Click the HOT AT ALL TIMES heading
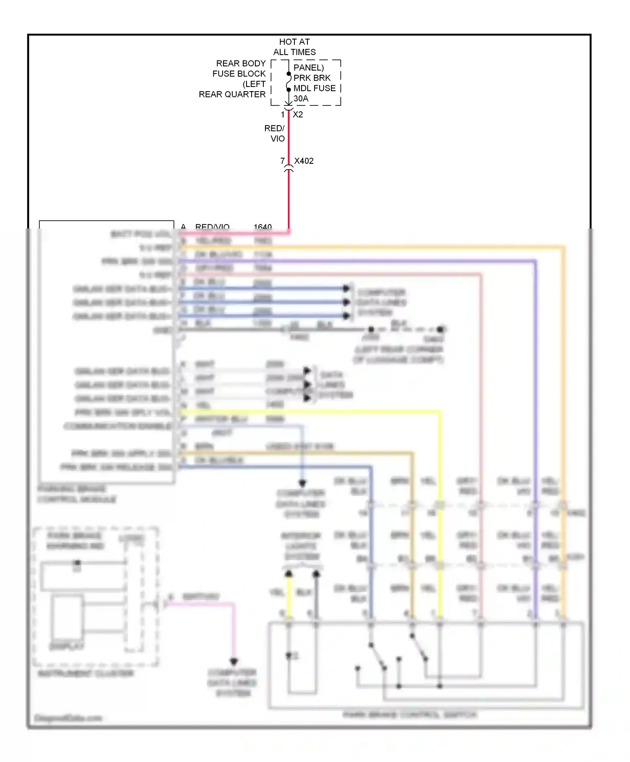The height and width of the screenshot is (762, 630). [x=294, y=47]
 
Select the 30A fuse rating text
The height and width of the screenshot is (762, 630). [x=301, y=99]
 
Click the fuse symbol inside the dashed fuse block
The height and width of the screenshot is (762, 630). [x=289, y=82]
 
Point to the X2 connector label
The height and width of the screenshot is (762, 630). [x=298, y=115]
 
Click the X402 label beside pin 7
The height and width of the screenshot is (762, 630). [x=304, y=161]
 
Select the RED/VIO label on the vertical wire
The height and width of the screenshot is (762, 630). [x=275, y=133]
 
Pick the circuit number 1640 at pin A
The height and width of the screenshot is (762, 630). [x=262, y=227]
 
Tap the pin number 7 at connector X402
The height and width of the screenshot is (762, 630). [x=283, y=161]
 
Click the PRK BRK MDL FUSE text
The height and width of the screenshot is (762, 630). [x=314, y=83]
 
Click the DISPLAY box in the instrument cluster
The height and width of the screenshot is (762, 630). [x=67, y=617]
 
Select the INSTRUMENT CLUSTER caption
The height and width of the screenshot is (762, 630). [x=86, y=673]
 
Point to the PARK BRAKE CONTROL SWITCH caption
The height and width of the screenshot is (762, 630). [x=409, y=715]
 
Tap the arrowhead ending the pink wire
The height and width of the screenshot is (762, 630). [x=234, y=662]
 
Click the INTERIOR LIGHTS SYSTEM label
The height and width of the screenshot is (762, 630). [x=301, y=546]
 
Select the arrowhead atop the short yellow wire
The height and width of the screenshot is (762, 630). [x=289, y=574]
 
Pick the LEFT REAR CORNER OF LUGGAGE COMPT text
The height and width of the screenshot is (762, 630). [x=398, y=355]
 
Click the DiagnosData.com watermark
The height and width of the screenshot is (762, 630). [x=68, y=718]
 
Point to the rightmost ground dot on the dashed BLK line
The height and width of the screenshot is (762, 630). [x=440, y=329]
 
